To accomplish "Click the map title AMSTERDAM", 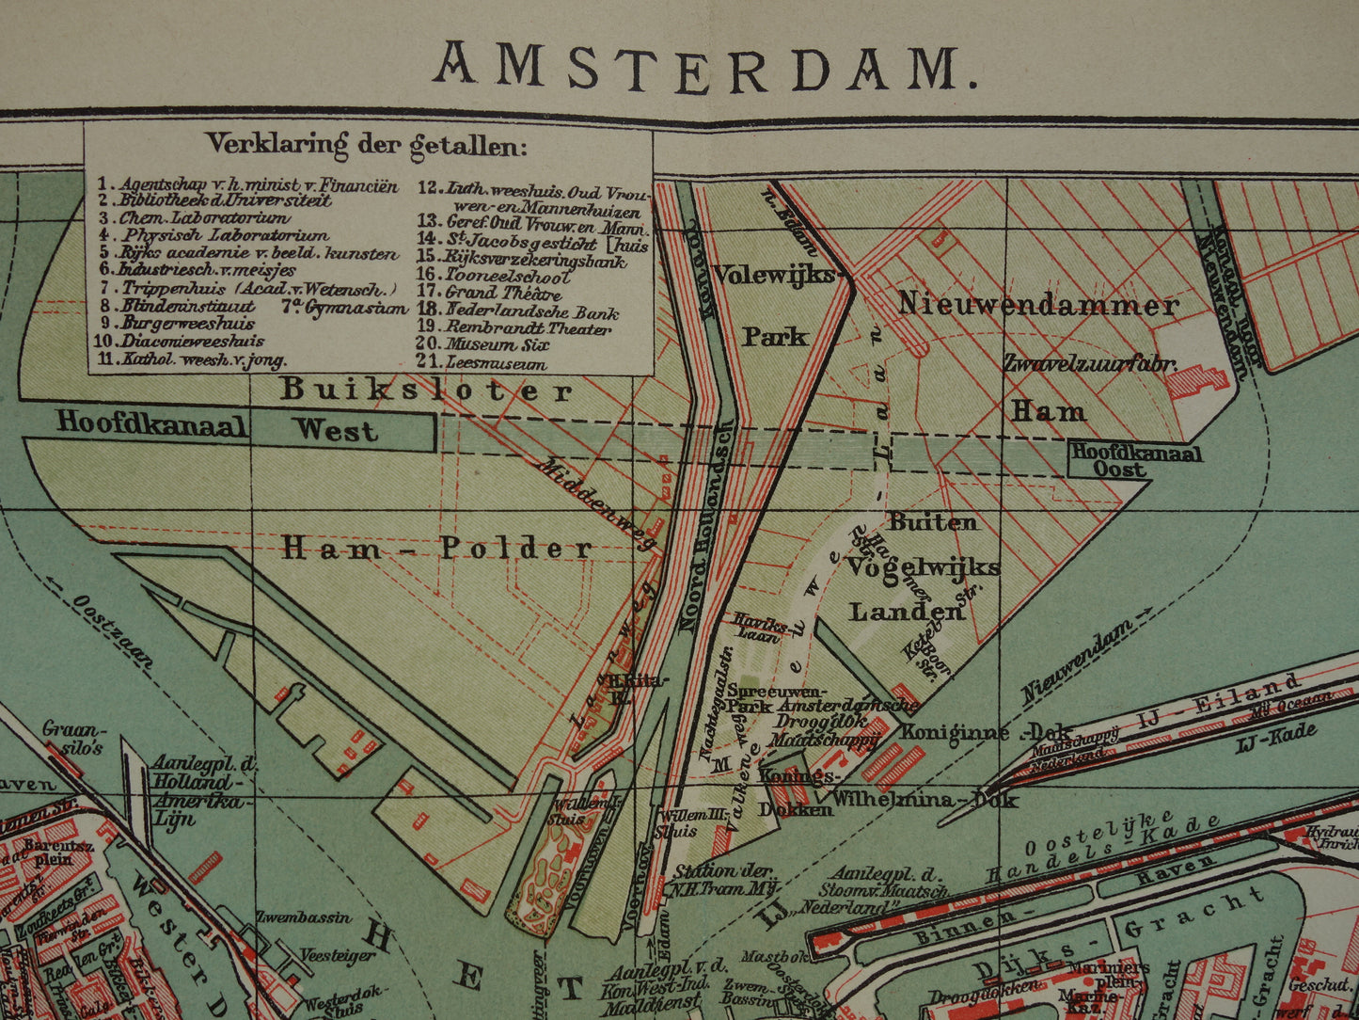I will coord(704,68).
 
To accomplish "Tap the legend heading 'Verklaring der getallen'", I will coord(367,145).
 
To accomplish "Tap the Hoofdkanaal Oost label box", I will coord(1136,460).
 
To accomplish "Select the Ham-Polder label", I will coord(437,548).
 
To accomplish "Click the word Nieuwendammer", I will coord(1037,304).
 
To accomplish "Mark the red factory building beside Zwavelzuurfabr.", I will coord(1196,381).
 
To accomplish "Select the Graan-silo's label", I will coord(75,738).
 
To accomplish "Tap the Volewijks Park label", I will coord(774,305).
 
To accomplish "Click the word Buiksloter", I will coord(425,390).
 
